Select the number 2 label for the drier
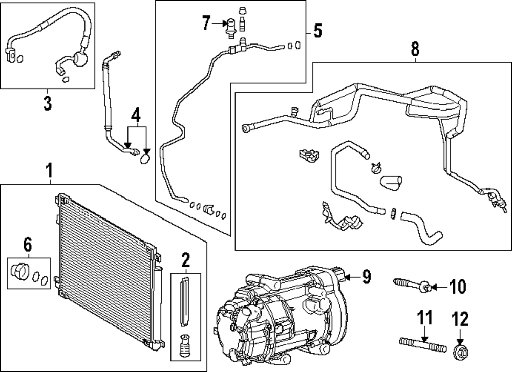coord(185,262)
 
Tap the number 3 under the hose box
coord(47,103)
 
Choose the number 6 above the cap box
coord(28,246)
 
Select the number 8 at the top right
coord(415,49)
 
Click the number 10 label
coord(458,287)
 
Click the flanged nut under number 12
coord(460,353)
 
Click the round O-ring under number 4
coord(145,160)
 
